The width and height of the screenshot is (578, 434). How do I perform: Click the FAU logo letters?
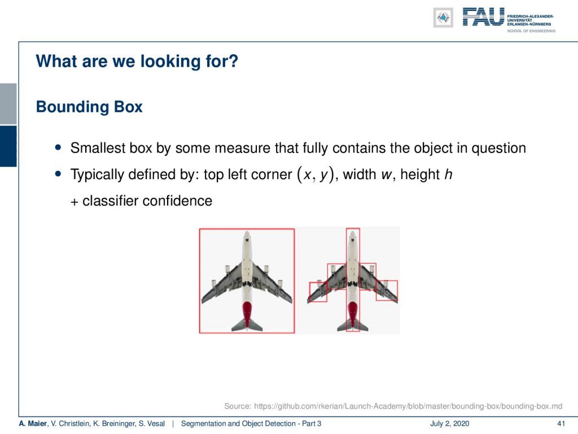483,16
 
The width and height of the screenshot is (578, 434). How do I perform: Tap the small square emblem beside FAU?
443,18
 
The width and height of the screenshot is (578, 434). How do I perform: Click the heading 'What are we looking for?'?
137,61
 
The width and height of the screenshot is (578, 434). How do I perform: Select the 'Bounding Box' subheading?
89,107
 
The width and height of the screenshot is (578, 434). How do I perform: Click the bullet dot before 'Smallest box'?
58,147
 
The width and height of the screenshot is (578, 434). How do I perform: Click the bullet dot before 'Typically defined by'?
58,174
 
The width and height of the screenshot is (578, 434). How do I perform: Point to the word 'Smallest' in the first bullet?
93,147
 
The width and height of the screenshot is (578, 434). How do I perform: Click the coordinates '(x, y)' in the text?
316,174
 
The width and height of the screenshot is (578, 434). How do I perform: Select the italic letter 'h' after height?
448,174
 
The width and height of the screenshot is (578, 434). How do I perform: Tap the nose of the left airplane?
247,234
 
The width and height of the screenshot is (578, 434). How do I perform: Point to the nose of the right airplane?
353,234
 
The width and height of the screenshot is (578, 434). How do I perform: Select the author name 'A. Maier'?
33,424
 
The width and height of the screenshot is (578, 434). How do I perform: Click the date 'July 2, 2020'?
449,424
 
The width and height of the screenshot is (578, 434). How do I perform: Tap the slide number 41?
561,424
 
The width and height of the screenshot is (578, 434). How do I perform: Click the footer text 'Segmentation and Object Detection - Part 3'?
251,424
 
